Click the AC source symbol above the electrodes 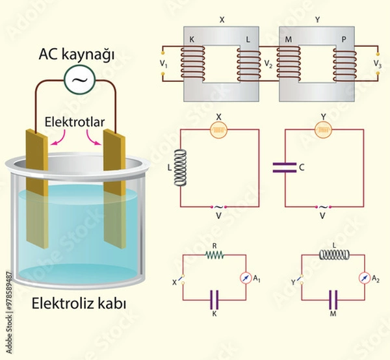pos(79,79)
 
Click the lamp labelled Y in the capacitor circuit pos(322,130)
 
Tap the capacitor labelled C pos(285,167)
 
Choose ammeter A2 pos(363,277)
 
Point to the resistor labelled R pos(214,255)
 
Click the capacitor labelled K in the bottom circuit pos(214,299)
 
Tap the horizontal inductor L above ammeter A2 pos(333,255)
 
